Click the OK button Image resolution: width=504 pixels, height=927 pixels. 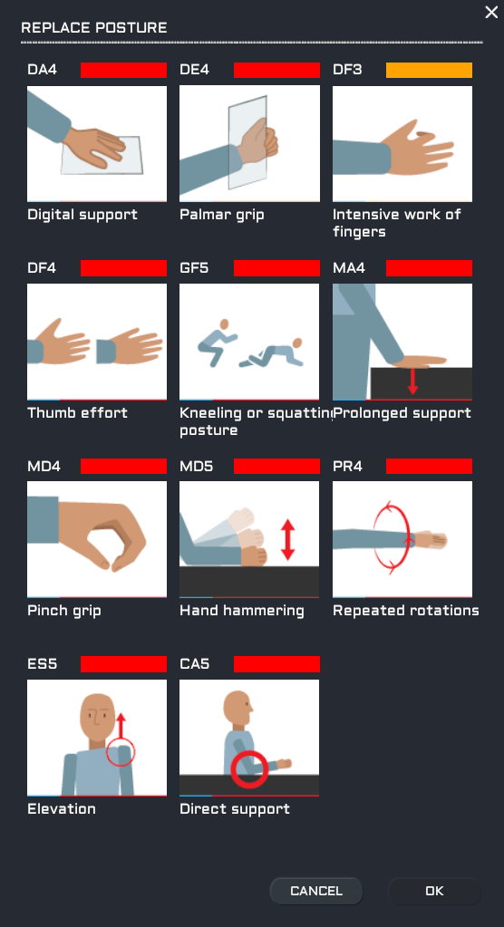tap(434, 891)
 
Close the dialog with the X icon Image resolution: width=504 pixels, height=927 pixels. tap(491, 12)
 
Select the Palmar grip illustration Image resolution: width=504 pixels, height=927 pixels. tap(249, 144)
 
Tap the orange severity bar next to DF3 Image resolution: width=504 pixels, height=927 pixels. tap(429, 70)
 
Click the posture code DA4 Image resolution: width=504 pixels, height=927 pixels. tap(42, 70)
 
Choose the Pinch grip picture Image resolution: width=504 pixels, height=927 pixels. tap(97, 539)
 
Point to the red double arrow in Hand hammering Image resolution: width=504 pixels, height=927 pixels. tap(287, 539)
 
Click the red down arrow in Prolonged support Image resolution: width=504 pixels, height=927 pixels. tap(413, 381)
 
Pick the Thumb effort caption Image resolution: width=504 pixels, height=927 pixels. tap(77, 412)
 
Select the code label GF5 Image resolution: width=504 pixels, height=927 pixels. tap(194, 268)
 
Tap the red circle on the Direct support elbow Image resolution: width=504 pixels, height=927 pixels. tap(249, 769)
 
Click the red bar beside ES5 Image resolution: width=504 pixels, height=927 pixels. tap(123, 664)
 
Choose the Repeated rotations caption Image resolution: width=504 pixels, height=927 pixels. tap(406, 611)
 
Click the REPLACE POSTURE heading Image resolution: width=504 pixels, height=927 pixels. tap(94, 28)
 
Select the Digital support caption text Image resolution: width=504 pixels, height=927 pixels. tap(82, 215)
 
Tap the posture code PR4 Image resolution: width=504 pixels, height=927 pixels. tap(347, 466)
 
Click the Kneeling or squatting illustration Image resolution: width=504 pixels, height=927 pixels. tap(249, 342)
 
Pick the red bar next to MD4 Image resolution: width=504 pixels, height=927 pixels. tap(123, 466)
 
